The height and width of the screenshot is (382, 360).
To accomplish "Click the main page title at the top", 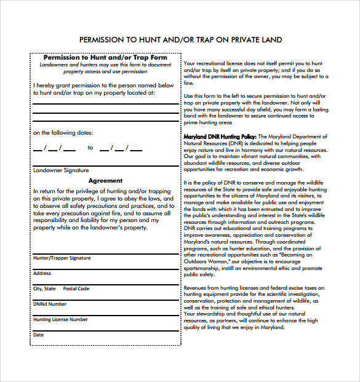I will point(180,40).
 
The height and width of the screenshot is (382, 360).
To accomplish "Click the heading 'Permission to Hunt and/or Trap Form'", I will point(105,58).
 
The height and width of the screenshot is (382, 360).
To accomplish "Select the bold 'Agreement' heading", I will point(105,181).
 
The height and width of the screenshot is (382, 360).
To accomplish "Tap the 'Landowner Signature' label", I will point(60,170).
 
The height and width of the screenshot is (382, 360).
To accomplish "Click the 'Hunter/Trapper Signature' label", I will point(62,258).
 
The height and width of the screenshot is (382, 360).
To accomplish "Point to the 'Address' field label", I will point(42,273).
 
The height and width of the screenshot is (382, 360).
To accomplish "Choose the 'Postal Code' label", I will point(76,288).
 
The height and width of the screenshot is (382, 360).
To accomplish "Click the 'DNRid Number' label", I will point(50,304).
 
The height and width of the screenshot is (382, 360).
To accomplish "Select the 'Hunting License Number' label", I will point(60,319).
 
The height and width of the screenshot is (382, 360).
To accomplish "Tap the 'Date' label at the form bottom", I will point(38,335).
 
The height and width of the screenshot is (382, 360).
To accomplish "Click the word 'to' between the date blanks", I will point(90,148).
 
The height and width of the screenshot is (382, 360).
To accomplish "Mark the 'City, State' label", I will point(44,288).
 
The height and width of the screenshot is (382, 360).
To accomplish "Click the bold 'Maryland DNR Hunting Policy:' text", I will point(220,137).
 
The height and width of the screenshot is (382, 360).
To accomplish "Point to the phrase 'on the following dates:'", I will point(62,132).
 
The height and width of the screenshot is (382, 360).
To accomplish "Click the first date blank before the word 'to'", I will point(54,148).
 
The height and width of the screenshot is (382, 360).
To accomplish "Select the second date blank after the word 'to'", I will point(121,148).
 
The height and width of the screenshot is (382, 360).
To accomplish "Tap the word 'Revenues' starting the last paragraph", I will point(196,288).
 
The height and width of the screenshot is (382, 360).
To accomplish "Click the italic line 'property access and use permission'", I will point(105,71).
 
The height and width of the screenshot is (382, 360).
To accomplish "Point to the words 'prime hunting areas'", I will point(209,122).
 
